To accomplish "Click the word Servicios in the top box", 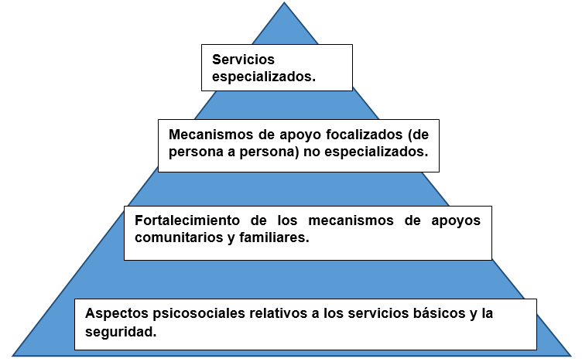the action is coord(243,60).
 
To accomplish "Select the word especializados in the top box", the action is coord(264,77).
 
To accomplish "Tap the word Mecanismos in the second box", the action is coord(211,135).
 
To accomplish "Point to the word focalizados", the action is coord(365,135).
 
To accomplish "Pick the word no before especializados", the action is coord(312,152).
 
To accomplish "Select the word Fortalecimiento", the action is coord(187,220).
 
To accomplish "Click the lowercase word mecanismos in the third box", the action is coord(351,220).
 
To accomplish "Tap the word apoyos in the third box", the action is coord(456,221).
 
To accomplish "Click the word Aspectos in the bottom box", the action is coord(117,314).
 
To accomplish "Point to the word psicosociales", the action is coord(199,314).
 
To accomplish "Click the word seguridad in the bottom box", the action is coord(121,332).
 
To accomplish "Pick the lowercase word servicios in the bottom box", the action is coord(378,313).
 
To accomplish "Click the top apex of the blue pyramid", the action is coord(284,2).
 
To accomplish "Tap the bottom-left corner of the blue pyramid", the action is coord(12,356).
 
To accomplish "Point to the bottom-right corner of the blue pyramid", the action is coord(572,356).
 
